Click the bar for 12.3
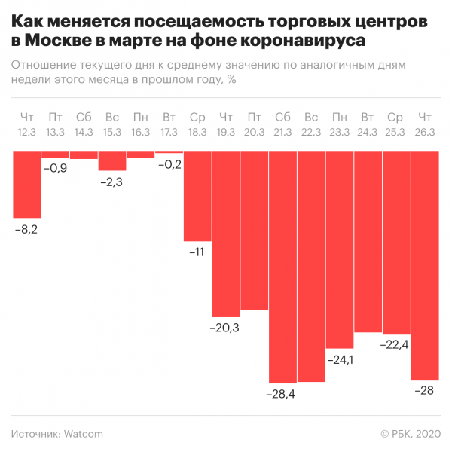(x=27, y=185)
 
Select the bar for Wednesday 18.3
(x=197, y=197)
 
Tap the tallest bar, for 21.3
(x=282, y=267)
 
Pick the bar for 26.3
(x=425, y=266)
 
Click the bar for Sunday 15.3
(x=112, y=161)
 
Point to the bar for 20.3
(x=255, y=231)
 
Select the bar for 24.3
(x=368, y=242)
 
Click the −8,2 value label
(x=26, y=230)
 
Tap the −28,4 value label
(x=281, y=394)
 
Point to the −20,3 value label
(x=224, y=328)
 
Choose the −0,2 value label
(x=169, y=164)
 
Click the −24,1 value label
(x=341, y=360)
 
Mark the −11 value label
(x=197, y=252)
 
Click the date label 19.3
(x=226, y=132)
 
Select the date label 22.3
(x=311, y=132)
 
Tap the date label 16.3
(x=140, y=132)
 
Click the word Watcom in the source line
(x=84, y=434)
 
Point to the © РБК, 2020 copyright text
(x=411, y=434)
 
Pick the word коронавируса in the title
(x=303, y=41)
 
